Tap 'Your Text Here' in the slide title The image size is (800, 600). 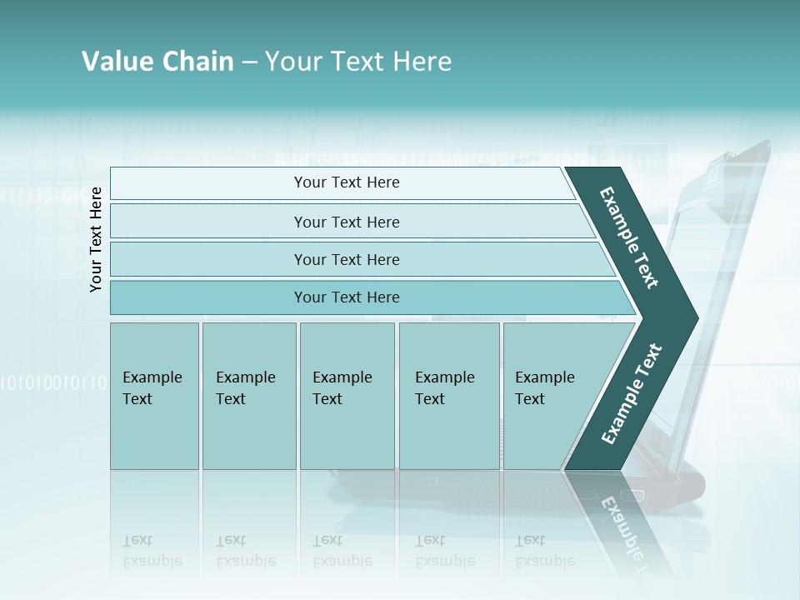coord(357,62)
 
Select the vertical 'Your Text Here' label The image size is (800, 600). coord(96,239)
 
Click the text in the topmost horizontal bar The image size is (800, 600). coord(347,182)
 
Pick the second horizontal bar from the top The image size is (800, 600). coord(347,222)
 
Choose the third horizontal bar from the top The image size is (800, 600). coord(347,260)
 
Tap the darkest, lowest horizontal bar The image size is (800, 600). coord(347,297)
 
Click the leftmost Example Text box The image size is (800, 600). coord(154,396)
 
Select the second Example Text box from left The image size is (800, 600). coord(248,396)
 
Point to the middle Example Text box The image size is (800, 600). coord(347,396)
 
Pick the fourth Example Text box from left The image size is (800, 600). coord(448,396)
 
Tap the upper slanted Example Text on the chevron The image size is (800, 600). coord(630,237)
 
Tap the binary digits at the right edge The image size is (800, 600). coord(767,382)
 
